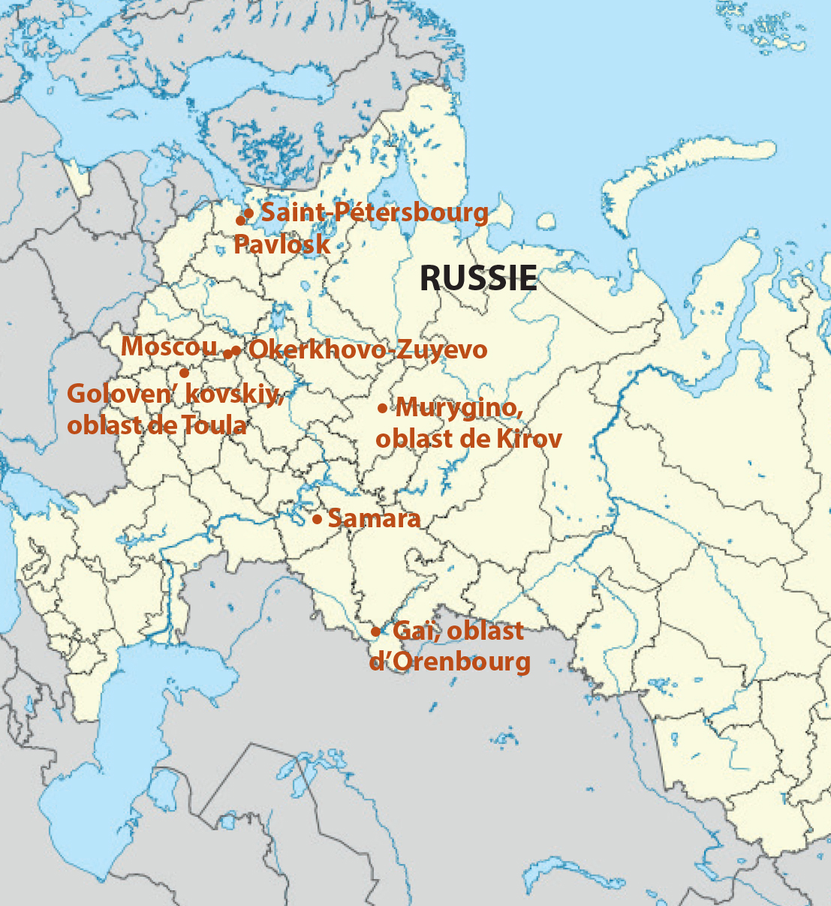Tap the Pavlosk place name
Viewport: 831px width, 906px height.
pyautogui.click(x=282, y=244)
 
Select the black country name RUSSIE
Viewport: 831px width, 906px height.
pyautogui.click(x=478, y=278)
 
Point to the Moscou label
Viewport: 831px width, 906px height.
pyautogui.click(x=168, y=346)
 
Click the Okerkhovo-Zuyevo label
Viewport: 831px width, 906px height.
pyautogui.click(x=367, y=349)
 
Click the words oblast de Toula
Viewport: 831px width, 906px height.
pyautogui.click(x=156, y=425)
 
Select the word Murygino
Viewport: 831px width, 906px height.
pyautogui.click(x=458, y=409)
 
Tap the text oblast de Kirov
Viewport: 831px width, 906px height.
pyautogui.click(x=468, y=439)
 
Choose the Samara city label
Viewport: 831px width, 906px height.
pyautogui.click(x=374, y=518)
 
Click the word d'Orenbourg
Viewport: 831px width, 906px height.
pyautogui.click(x=450, y=662)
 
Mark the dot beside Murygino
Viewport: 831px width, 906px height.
pyautogui.click(x=382, y=408)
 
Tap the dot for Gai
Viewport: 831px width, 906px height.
pyautogui.click(x=375, y=631)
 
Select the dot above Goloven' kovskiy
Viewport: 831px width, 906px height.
pyautogui.click(x=183, y=372)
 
